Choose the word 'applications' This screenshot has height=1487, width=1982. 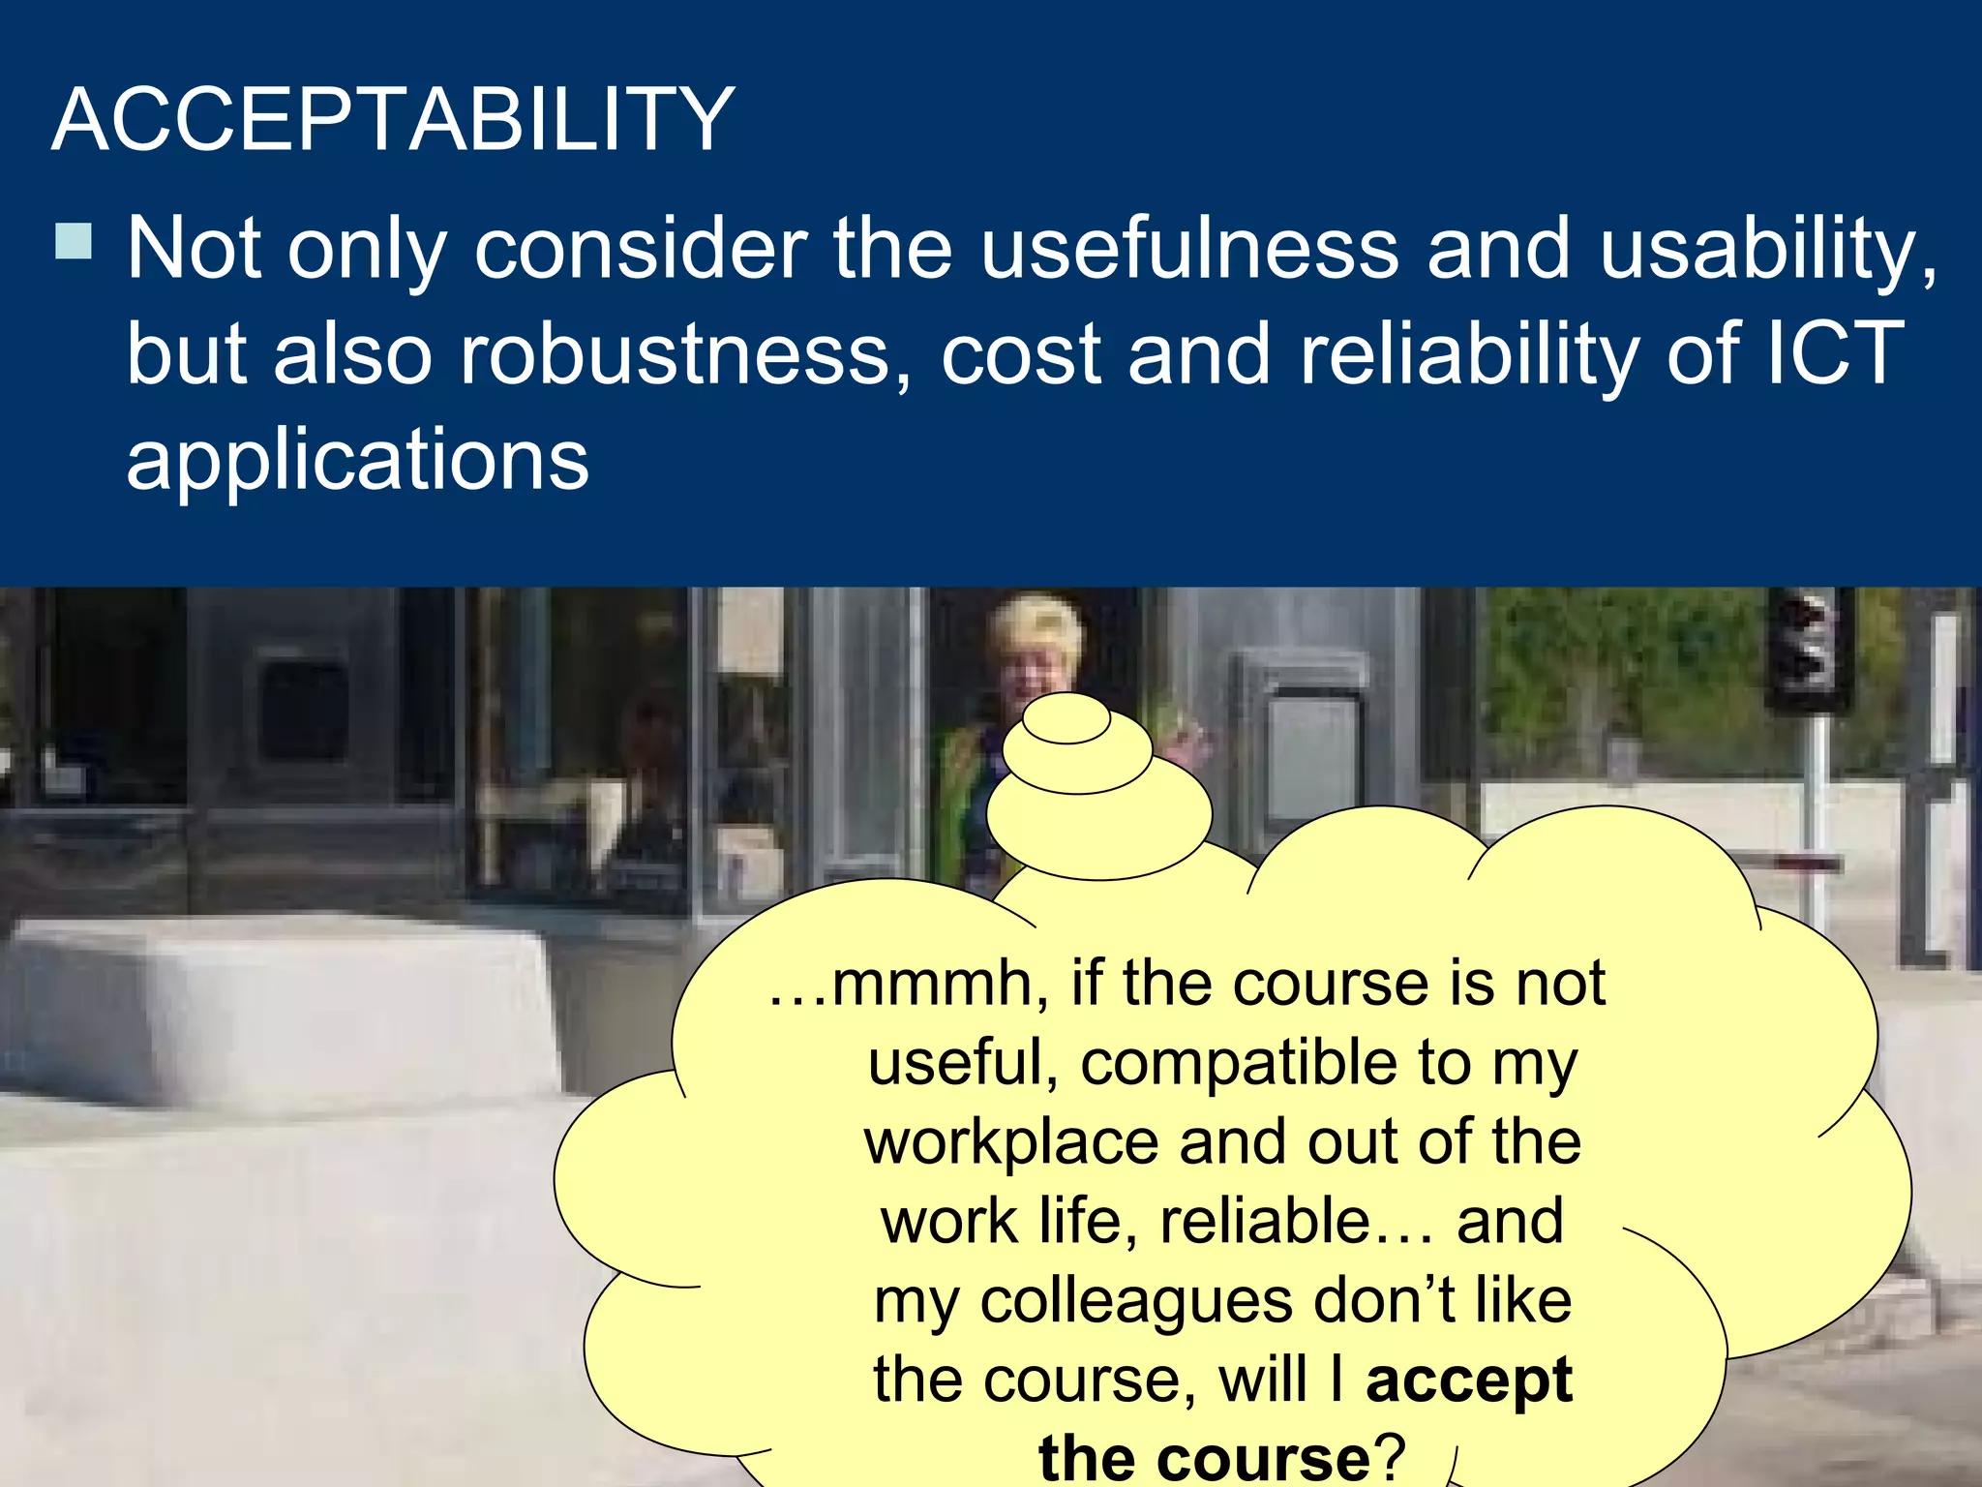click(x=357, y=459)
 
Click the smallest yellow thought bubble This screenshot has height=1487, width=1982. click(x=1066, y=721)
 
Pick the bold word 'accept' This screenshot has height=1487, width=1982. click(x=1468, y=1381)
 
